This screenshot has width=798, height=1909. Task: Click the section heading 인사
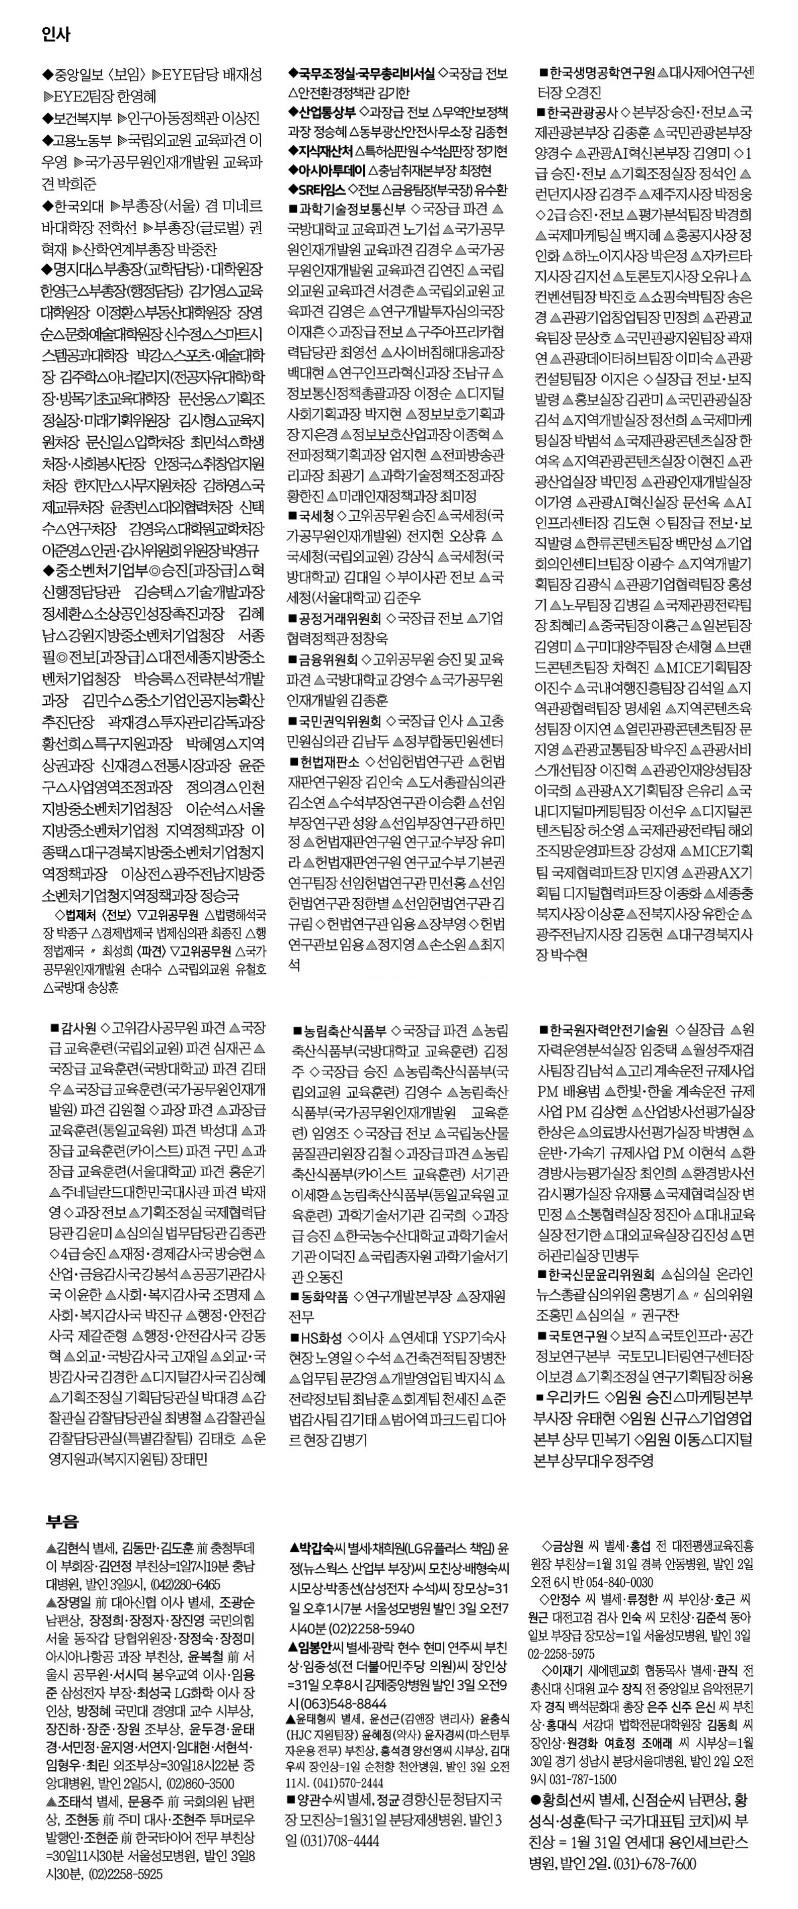(56, 35)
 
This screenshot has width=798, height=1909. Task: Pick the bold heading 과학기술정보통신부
(352, 209)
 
